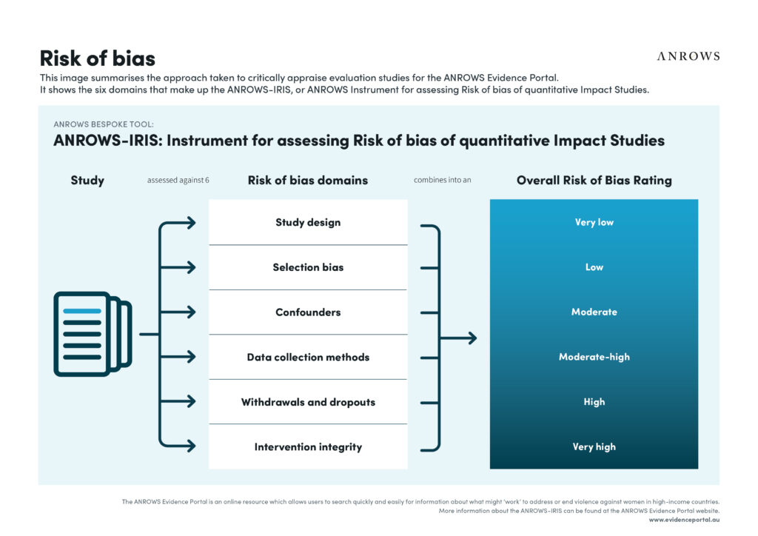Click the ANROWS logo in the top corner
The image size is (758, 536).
(x=688, y=56)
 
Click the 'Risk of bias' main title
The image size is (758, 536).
(x=98, y=58)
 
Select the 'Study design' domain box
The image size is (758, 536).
(x=308, y=222)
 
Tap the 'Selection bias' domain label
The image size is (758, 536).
(x=308, y=267)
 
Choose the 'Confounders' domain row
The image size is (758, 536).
(x=308, y=312)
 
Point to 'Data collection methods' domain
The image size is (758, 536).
(x=308, y=357)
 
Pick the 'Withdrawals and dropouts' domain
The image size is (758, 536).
(x=308, y=402)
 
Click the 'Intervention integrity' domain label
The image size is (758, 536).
(x=308, y=447)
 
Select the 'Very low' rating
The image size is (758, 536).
(x=594, y=222)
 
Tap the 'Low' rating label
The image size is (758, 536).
(x=594, y=267)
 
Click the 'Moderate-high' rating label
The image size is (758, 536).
(x=594, y=357)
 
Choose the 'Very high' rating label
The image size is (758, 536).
(x=594, y=447)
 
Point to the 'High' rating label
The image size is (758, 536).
(x=594, y=402)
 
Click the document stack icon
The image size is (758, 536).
(x=93, y=334)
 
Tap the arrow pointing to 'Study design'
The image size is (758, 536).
(x=178, y=223)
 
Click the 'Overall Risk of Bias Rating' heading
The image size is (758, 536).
(x=594, y=181)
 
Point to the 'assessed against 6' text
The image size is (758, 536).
(x=178, y=181)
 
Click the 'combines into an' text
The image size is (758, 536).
(x=443, y=180)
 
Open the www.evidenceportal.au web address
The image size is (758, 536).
(x=684, y=520)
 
